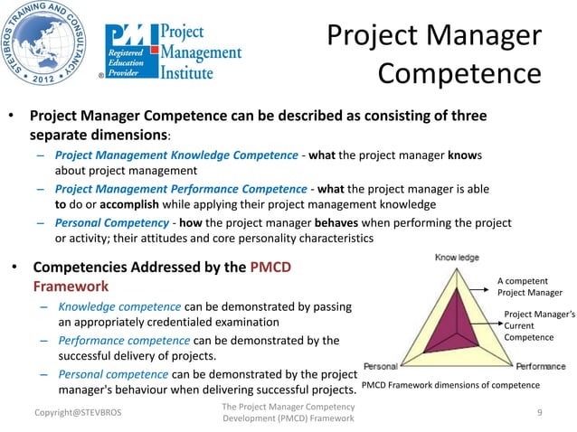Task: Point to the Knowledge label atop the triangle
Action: point(458,258)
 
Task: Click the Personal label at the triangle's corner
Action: point(381,367)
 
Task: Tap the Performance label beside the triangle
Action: point(541,367)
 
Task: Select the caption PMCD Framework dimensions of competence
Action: point(450,386)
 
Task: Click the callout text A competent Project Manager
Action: point(530,286)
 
